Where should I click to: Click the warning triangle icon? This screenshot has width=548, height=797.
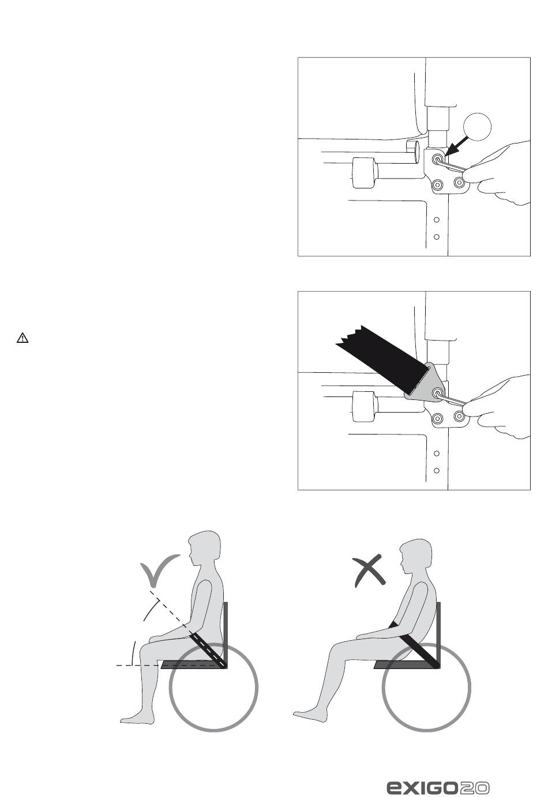coord(22,338)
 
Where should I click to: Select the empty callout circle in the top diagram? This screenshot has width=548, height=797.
coord(477,127)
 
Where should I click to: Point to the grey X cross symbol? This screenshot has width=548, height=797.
coord(369,571)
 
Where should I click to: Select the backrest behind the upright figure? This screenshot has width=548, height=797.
coord(226,635)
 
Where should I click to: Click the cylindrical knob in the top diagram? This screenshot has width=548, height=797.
coord(364,172)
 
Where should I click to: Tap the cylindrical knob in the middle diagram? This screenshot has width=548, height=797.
coord(364,407)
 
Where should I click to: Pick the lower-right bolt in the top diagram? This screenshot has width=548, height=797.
coord(460,183)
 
